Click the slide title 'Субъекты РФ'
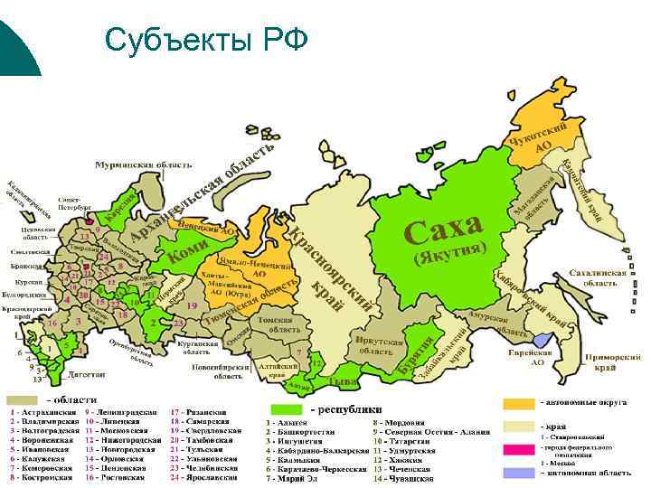click(x=206, y=41)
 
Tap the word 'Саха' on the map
click(x=443, y=230)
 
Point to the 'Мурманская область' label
click(x=145, y=165)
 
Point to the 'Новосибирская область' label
click(x=216, y=371)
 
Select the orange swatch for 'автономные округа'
click(x=519, y=402)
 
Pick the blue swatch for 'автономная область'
click(x=519, y=472)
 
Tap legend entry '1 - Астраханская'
click(x=40, y=413)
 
